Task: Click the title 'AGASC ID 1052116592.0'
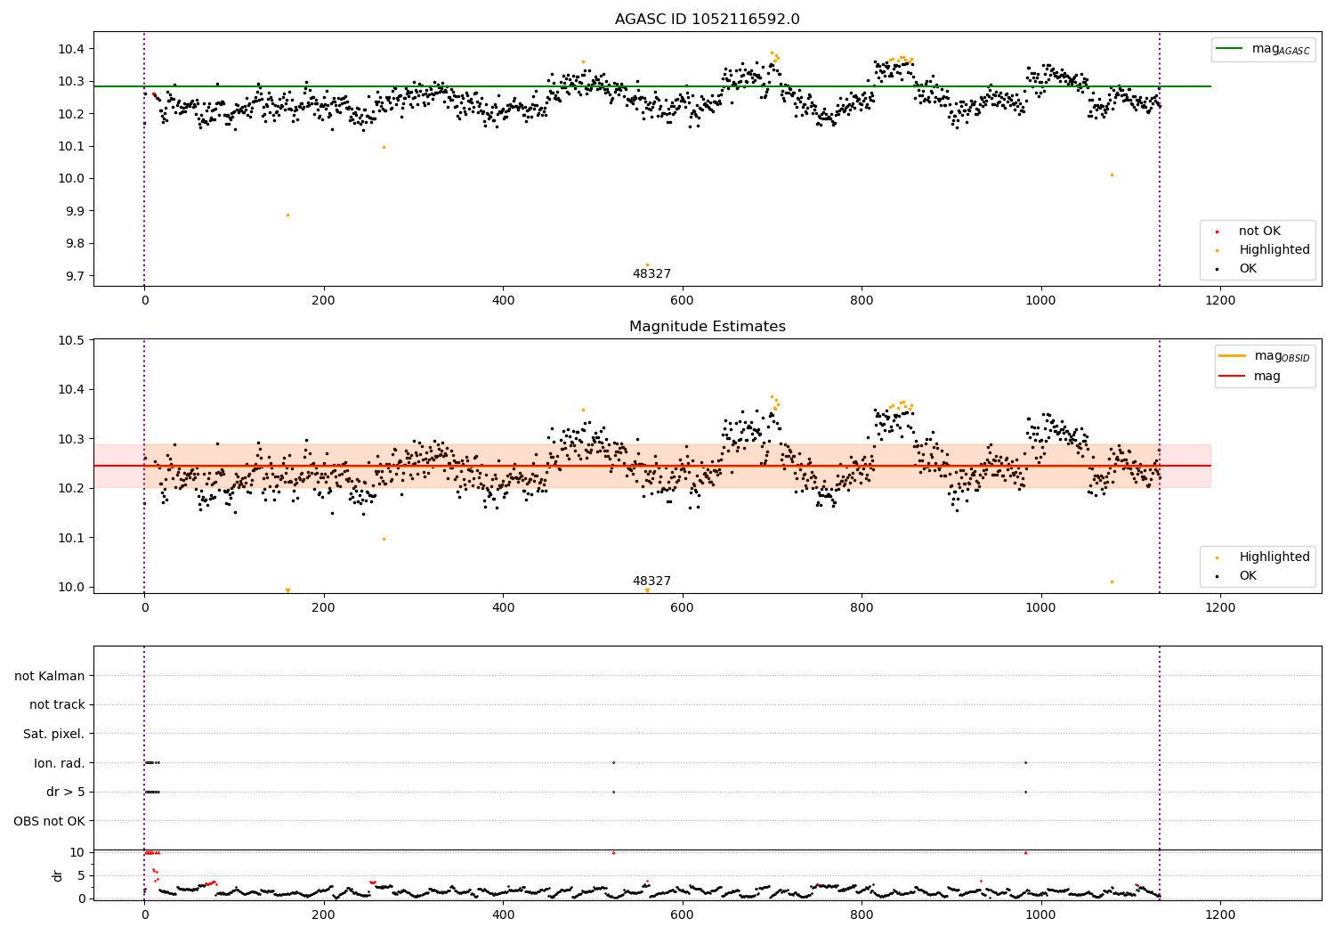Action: coord(707,20)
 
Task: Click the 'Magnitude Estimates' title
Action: coord(707,327)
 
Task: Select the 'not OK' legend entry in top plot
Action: coord(1259,232)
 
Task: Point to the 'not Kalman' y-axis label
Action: coord(49,676)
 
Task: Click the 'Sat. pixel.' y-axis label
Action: coord(53,734)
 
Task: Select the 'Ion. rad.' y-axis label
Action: coord(59,763)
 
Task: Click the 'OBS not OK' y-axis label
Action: coord(49,821)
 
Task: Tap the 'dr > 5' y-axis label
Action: coord(65,792)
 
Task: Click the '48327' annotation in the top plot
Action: coord(651,274)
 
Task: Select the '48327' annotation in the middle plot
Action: coord(651,581)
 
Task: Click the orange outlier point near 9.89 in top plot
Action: coord(287,215)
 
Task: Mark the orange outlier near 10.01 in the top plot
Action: coord(1112,175)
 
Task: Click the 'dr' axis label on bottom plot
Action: coord(58,875)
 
